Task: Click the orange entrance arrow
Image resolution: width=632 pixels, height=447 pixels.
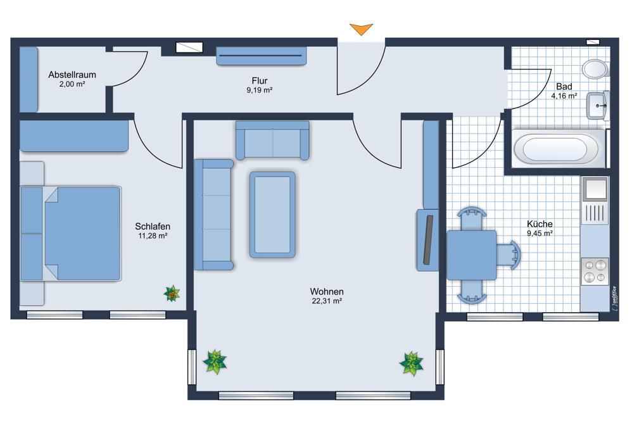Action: pyautogui.click(x=361, y=29)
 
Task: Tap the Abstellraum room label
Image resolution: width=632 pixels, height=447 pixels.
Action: pyautogui.click(x=72, y=75)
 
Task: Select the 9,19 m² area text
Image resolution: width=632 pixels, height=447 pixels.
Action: pyautogui.click(x=260, y=91)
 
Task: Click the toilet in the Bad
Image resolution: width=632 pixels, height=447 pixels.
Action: pyautogui.click(x=595, y=69)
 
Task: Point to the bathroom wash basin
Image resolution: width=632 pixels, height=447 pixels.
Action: pyautogui.click(x=597, y=106)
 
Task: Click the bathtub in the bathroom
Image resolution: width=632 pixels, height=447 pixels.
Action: pyautogui.click(x=559, y=149)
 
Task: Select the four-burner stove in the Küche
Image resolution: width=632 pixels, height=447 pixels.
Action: pyautogui.click(x=595, y=271)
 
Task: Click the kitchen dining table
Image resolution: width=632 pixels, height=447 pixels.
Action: pyautogui.click(x=472, y=255)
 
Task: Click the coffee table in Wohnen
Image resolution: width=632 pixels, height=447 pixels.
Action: pyautogui.click(x=272, y=215)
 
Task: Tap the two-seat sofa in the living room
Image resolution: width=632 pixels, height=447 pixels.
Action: pyautogui.click(x=272, y=140)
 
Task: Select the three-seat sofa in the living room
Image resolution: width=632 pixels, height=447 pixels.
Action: pyautogui.click(x=213, y=215)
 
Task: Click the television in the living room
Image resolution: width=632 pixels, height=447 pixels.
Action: pyautogui.click(x=428, y=240)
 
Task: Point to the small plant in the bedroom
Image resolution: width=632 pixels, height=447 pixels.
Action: pyautogui.click(x=172, y=293)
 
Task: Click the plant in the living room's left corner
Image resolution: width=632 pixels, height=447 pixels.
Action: pyautogui.click(x=215, y=362)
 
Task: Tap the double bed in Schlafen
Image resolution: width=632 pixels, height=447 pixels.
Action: pyautogui.click(x=71, y=234)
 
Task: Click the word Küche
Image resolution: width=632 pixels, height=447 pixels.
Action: pyautogui.click(x=540, y=224)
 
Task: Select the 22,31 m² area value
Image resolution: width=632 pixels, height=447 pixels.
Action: pyautogui.click(x=327, y=301)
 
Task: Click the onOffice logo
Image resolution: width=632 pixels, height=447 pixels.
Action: pyautogui.click(x=614, y=299)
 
